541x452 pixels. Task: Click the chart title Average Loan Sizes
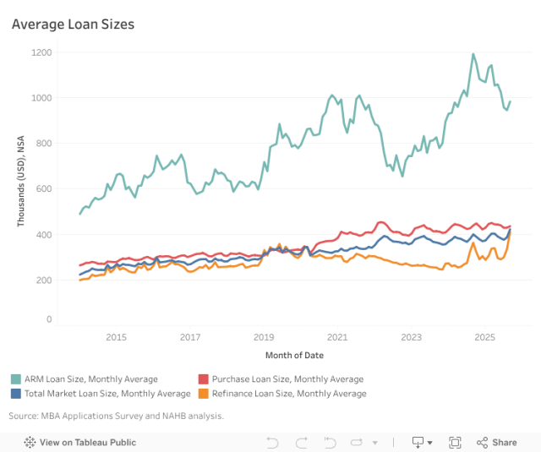[x=73, y=25]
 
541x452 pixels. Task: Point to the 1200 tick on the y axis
[x=42, y=52]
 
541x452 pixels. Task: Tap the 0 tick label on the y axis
[x=49, y=319]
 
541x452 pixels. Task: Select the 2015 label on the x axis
[x=116, y=337]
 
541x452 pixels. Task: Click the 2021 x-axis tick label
[x=337, y=337]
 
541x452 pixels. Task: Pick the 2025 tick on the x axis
[x=484, y=337]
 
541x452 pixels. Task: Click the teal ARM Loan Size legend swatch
[x=16, y=379]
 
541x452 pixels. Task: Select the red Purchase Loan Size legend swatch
[x=203, y=379]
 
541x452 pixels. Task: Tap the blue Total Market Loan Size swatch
[x=16, y=393]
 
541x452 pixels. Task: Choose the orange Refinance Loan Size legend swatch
[x=203, y=393]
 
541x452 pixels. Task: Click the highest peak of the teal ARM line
[x=473, y=55]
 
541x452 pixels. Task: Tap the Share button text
[x=505, y=442]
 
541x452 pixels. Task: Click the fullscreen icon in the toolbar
[x=455, y=442]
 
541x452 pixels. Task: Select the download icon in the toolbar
[x=418, y=442]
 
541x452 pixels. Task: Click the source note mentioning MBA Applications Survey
[x=117, y=416]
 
